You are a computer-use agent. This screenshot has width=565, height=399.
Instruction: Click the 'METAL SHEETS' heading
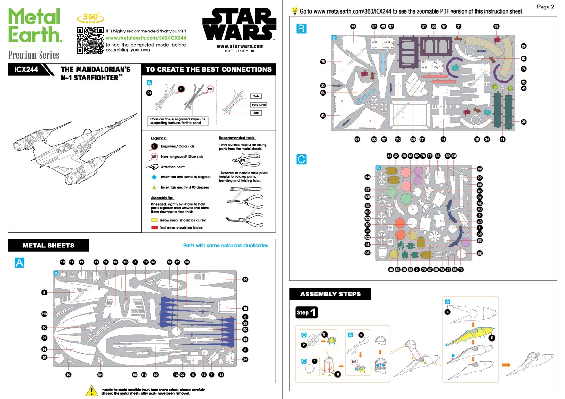coord(48,246)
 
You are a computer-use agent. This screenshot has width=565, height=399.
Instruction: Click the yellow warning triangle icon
coord(90,391)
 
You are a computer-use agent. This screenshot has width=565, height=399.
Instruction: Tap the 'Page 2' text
coord(545,7)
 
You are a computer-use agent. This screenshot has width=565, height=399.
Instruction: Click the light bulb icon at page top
coord(295,10)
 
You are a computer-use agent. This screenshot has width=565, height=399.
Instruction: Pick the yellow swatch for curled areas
coord(154,220)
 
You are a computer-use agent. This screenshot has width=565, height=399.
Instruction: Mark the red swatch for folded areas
coord(154,227)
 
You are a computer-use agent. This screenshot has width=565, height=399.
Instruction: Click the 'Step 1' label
coord(307,312)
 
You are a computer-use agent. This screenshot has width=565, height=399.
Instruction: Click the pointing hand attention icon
coord(154,167)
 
